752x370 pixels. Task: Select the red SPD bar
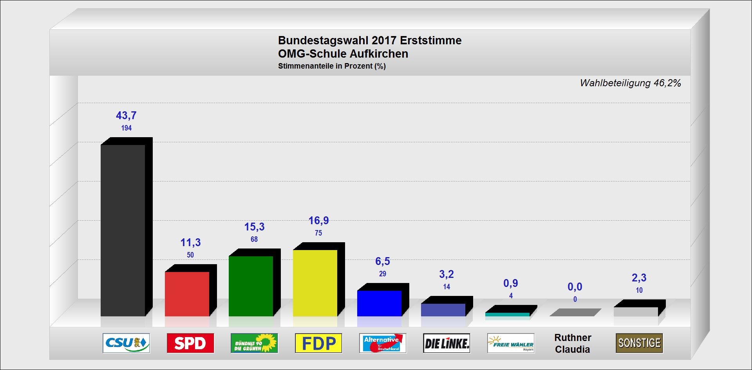pos(187,294)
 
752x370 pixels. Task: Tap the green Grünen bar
pos(251,286)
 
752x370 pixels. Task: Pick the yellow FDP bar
pos(315,283)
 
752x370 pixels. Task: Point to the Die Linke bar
pos(443,310)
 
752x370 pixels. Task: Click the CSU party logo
pos(126,343)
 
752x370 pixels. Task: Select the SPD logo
pos(190,343)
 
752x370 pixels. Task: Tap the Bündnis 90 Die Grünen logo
pos(254,343)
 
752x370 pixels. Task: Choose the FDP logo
pos(318,343)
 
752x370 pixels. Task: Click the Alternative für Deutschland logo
pos(383,343)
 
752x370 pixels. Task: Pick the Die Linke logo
pos(446,343)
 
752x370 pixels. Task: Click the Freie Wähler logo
pos(511,343)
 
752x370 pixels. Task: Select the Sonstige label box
pos(639,343)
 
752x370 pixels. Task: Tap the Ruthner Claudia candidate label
pos(573,343)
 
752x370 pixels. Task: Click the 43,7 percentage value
pos(126,116)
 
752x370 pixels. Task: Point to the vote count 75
pos(318,233)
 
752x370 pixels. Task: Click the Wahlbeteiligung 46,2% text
pos(630,83)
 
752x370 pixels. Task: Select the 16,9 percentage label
pos(318,221)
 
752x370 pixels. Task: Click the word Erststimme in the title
pos(430,40)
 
